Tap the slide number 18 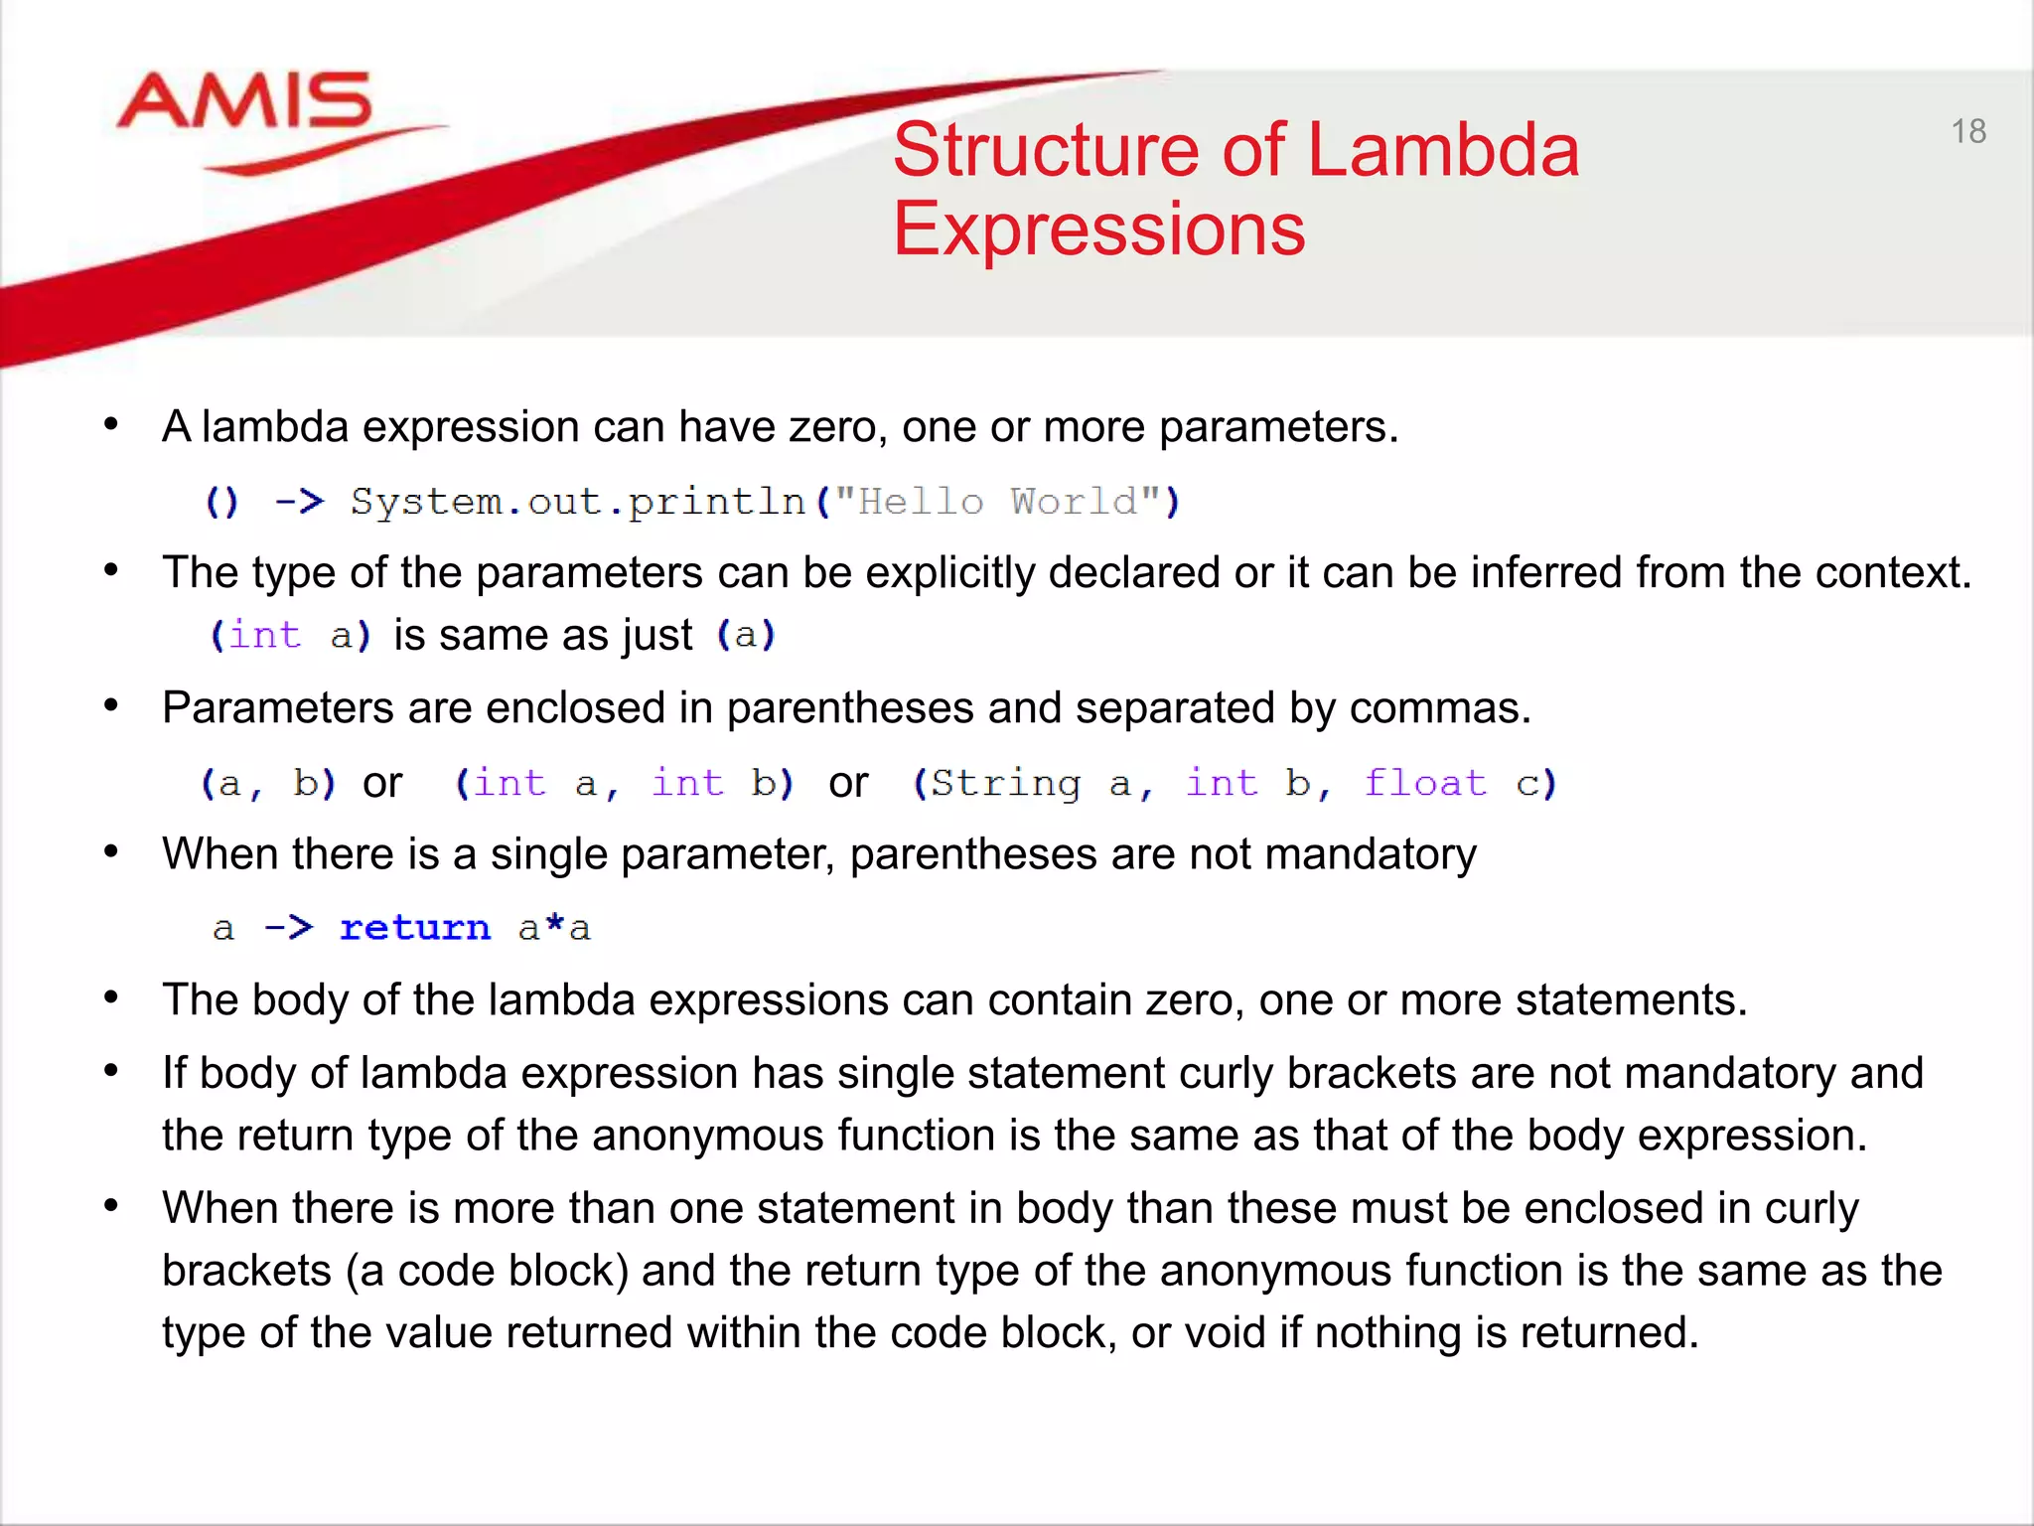[x=1967, y=131]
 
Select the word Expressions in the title [x=1098, y=229]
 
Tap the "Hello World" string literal [x=997, y=503]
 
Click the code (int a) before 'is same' [x=290, y=636]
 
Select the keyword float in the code [x=1425, y=784]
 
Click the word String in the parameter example [x=1005, y=784]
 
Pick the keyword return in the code [x=415, y=928]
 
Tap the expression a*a [x=554, y=928]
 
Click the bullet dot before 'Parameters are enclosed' [x=111, y=706]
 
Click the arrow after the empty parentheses [x=299, y=503]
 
